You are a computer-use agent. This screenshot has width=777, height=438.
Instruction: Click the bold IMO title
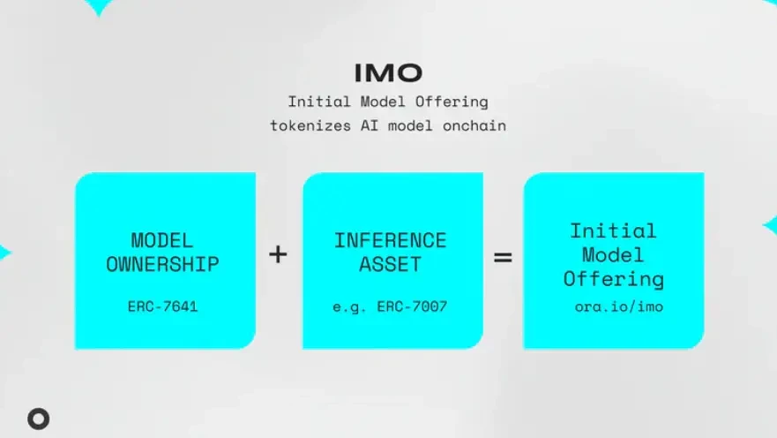click(x=388, y=73)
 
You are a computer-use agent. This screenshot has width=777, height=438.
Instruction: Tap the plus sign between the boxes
click(x=278, y=254)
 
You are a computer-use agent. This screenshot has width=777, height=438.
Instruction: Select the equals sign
click(x=503, y=257)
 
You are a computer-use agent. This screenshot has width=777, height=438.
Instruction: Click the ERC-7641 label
click(x=162, y=306)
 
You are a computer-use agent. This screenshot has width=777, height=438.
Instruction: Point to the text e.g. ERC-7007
click(x=390, y=307)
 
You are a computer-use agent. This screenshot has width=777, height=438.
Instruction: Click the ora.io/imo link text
click(x=619, y=306)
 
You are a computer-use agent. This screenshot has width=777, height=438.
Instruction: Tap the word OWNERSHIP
click(x=162, y=264)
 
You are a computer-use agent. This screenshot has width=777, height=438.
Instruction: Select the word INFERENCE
click(x=391, y=240)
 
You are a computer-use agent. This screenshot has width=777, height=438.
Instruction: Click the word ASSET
click(x=391, y=264)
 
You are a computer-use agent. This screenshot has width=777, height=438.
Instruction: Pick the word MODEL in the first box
click(x=162, y=240)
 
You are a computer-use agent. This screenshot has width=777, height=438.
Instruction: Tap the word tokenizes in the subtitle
click(x=310, y=126)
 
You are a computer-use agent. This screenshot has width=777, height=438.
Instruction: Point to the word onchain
click(x=474, y=126)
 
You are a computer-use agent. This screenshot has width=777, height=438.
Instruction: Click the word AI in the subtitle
click(x=370, y=126)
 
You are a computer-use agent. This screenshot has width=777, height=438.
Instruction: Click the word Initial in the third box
click(x=614, y=231)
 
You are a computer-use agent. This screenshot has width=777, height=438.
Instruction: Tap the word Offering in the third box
click(x=614, y=279)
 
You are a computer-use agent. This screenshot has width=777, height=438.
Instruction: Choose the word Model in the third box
click(x=614, y=255)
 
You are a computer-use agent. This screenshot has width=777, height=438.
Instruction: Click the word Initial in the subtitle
click(x=319, y=102)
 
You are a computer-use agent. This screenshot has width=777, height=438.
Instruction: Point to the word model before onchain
click(x=410, y=126)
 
